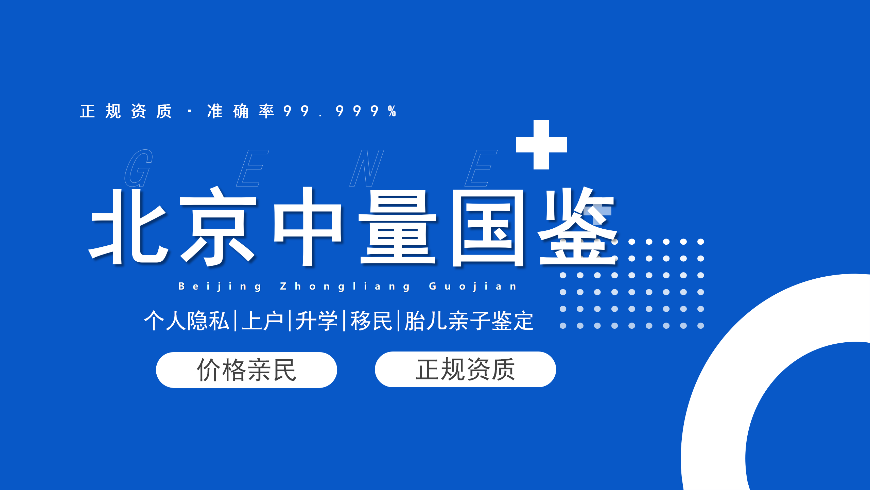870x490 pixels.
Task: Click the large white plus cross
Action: click(x=541, y=145)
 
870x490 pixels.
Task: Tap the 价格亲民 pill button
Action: click(x=246, y=370)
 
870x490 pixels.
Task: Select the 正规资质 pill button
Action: click(x=465, y=369)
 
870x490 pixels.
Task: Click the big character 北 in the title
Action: click(x=128, y=226)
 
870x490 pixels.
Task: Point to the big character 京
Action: click(x=217, y=226)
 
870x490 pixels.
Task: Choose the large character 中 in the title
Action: click(x=308, y=226)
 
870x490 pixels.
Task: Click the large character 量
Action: click(x=398, y=227)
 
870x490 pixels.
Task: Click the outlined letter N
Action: click(x=367, y=168)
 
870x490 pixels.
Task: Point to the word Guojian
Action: click(x=473, y=287)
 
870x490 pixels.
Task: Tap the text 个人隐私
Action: click(x=187, y=321)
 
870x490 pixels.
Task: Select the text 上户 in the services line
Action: click(x=262, y=321)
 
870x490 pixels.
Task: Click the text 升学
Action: click(x=317, y=321)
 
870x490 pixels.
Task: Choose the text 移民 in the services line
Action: click(x=371, y=321)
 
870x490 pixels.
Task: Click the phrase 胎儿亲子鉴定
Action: click(x=469, y=321)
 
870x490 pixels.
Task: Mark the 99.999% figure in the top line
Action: click(x=340, y=111)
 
